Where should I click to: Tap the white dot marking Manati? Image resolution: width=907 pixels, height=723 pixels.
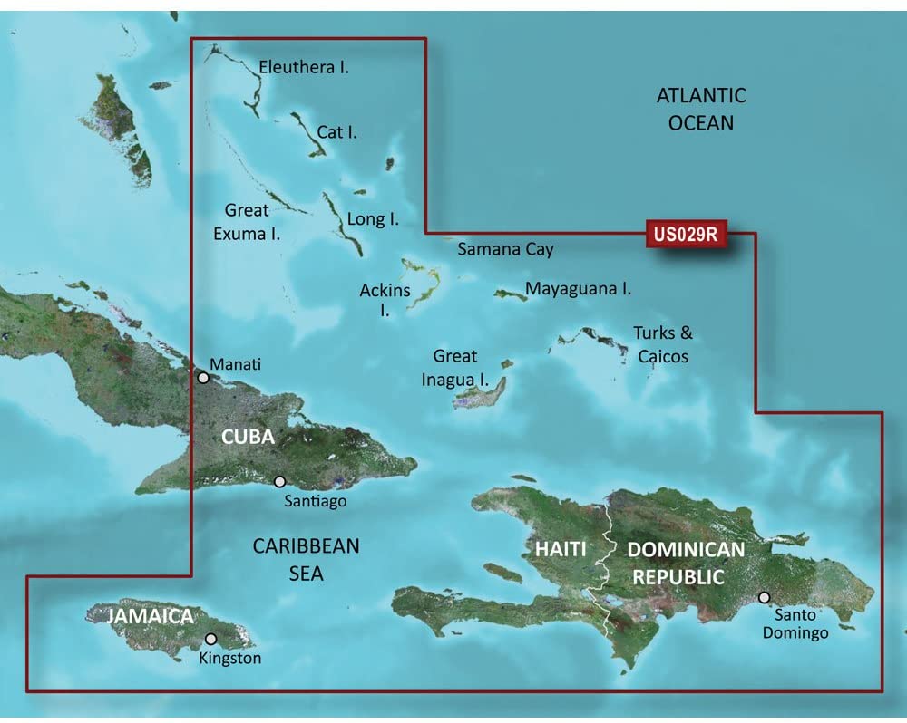click(x=204, y=377)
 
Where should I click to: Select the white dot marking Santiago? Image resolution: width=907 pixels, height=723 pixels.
click(x=278, y=483)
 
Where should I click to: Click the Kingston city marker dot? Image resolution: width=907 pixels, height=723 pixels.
click(x=211, y=639)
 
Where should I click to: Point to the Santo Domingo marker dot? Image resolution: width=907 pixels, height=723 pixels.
click(x=765, y=597)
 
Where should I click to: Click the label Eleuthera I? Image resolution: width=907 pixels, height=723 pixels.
click(x=304, y=66)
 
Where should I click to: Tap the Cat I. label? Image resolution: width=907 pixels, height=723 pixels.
click(x=336, y=132)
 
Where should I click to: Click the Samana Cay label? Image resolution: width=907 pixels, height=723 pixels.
click(x=505, y=249)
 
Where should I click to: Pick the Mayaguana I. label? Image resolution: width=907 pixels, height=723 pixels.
click(x=579, y=290)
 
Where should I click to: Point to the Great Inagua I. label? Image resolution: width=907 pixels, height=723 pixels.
click(x=455, y=368)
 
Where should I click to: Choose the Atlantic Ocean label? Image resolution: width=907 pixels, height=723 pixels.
click(x=700, y=108)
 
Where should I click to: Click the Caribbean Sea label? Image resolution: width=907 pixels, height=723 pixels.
click(x=306, y=559)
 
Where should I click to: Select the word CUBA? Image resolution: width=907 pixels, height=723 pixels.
click(x=249, y=437)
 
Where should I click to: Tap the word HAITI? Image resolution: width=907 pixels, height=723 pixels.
click(x=559, y=549)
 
